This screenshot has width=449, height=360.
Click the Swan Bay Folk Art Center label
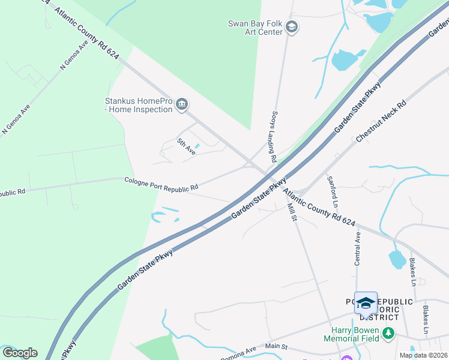tap(255, 28)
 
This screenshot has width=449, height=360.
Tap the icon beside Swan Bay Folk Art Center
tap(292, 27)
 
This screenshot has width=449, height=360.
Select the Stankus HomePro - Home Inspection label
tap(139, 105)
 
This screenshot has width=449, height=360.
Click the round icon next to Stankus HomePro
tap(182, 106)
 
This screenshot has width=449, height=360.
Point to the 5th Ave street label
tap(187, 147)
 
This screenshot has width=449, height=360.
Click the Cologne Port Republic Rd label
tap(161, 184)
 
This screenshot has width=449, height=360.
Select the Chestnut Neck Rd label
tap(381, 121)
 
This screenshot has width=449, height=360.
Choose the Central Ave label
tap(358, 249)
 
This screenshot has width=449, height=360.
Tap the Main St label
tap(277, 346)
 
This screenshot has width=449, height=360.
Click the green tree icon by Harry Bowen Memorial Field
tap(389, 332)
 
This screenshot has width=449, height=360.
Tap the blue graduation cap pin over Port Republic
tap(366, 302)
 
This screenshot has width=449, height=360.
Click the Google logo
tap(20, 352)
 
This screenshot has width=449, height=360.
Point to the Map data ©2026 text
tap(423, 355)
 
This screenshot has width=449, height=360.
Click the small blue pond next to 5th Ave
tap(197, 145)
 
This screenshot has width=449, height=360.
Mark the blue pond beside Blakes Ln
tap(396, 259)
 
